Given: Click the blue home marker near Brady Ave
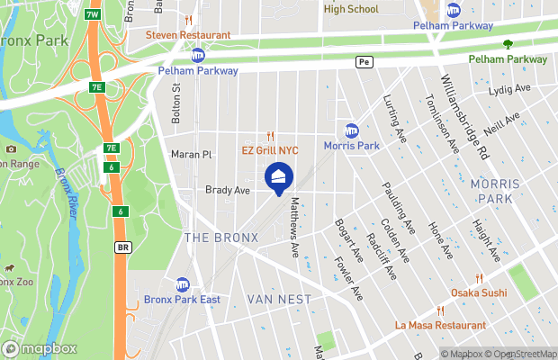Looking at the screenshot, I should [279, 177].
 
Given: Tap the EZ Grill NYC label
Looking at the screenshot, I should [269, 150].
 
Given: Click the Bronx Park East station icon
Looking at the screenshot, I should [184, 284].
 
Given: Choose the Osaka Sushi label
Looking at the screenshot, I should [479, 293].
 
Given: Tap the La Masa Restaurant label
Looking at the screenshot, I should [440, 325].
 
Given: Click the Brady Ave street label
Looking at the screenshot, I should [227, 190].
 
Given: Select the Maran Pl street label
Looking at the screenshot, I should [192, 155].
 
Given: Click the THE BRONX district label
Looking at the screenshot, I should [220, 238].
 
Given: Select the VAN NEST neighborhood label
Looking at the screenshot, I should [279, 299].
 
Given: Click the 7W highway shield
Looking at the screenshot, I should [92, 15].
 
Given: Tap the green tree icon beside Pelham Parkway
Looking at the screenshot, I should [508, 43].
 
